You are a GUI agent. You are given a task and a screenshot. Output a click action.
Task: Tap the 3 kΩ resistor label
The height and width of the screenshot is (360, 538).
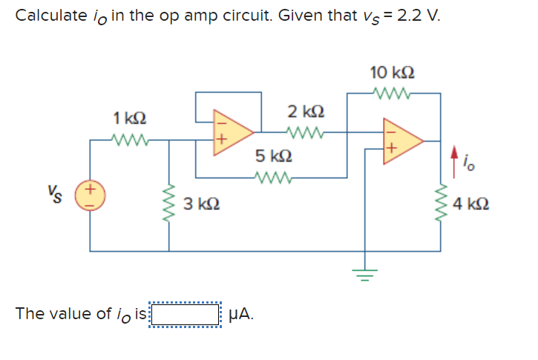[200, 203]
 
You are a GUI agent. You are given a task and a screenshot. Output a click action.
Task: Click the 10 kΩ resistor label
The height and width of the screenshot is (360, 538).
[392, 73]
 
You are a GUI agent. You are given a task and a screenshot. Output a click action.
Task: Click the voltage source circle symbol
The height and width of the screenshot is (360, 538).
[91, 197]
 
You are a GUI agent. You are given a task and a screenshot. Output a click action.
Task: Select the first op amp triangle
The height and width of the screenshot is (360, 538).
[232, 132]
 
